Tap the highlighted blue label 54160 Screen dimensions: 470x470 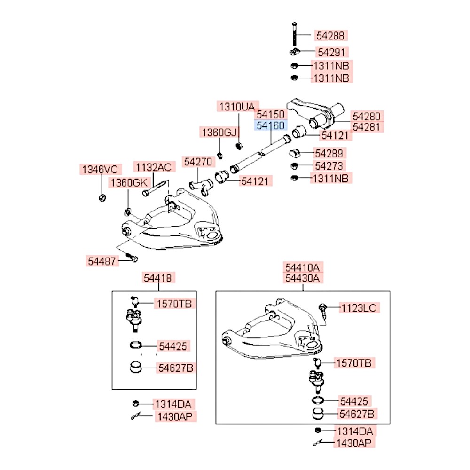pos(270,126)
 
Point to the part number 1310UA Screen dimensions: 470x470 pos(238,107)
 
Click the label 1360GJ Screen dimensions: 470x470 pos(219,133)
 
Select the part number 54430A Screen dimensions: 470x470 pos(303,278)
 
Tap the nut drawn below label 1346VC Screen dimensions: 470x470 pos(102,197)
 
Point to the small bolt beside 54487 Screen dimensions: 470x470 pos(131,258)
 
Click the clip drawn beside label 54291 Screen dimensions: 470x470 pos(294,51)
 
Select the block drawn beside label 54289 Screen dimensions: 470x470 pos(295,153)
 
